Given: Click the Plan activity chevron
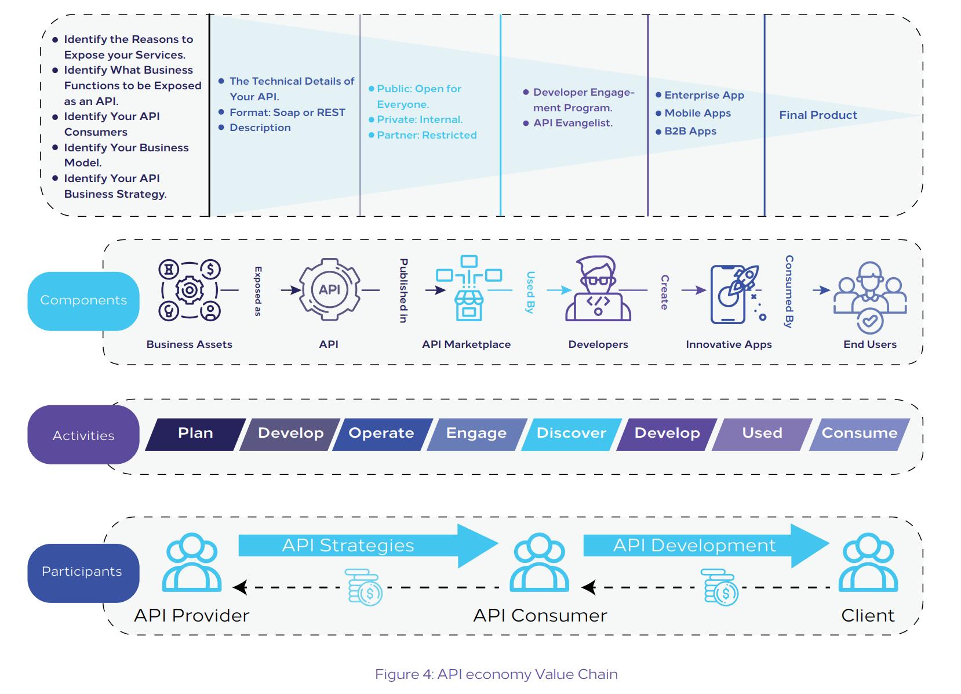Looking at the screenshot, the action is pyautogui.click(x=196, y=434).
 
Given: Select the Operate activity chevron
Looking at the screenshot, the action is pyautogui.click(x=382, y=434).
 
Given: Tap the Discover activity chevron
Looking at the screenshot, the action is pyautogui.click(x=571, y=434).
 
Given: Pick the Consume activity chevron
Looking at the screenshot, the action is pyautogui.click(x=860, y=434).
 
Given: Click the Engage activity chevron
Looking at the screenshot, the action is pyautogui.click(x=476, y=434).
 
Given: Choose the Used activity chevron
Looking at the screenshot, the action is pyautogui.click(x=762, y=434).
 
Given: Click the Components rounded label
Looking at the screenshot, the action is pyautogui.click(x=83, y=301).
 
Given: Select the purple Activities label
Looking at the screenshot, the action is pyautogui.click(x=83, y=435).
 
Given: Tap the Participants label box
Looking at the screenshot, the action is pyautogui.click(x=83, y=573).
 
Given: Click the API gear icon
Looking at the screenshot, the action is pyautogui.click(x=329, y=290).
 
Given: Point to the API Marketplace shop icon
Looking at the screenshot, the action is pyautogui.click(x=469, y=288).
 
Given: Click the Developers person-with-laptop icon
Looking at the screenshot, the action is pyautogui.click(x=598, y=288).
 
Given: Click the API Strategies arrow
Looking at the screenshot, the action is pyautogui.click(x=368, y=546).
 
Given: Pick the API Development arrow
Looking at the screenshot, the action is pyautogui.click(x=706, y=546).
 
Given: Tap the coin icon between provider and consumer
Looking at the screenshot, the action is pyautogui.click(x=363, y=587).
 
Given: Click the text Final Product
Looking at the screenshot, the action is pyautogui.click(x=818, y=115).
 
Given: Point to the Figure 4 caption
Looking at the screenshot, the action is pyautogui.click(x=496, y=674).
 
